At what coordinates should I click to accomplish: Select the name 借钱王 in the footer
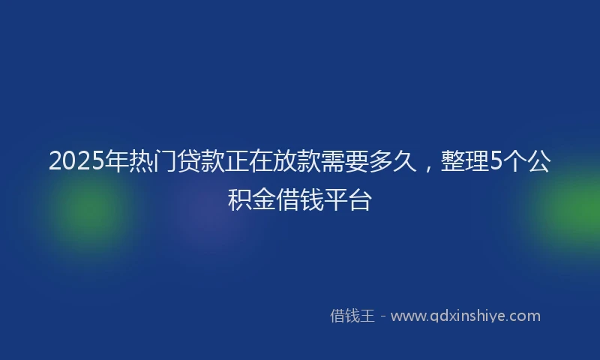click(352, 316)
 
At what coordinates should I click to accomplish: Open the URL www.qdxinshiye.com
click(465, 316)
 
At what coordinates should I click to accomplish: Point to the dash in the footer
click(382, 316)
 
